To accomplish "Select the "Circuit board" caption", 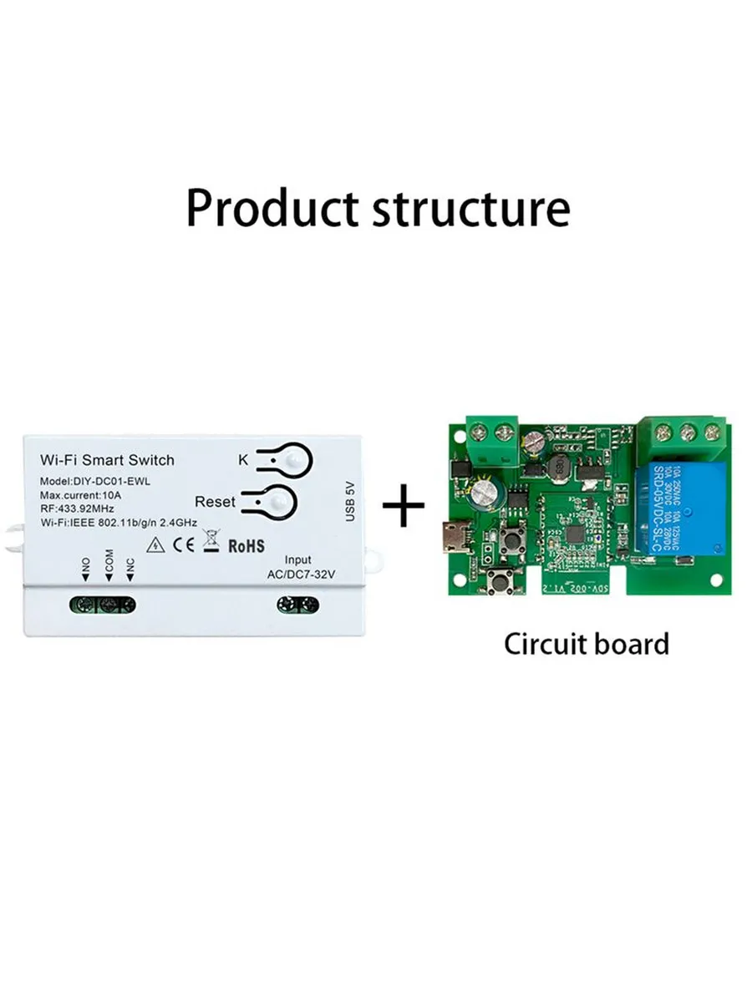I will (x=586, y=644).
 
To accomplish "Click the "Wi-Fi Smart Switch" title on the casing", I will (x=108, y=460).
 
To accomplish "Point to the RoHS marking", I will (x=246, y=545).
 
